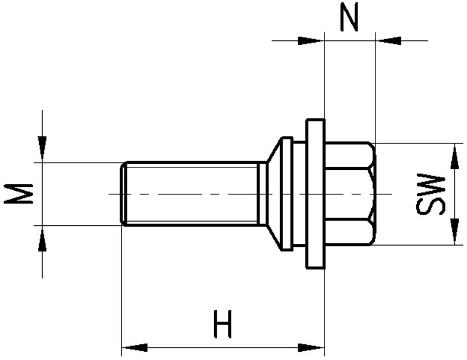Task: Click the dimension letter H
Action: tap(223, 324)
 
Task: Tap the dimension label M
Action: tap(18, 194)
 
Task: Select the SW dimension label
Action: tap(430, 194)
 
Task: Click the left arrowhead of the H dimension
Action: tap(135, 348)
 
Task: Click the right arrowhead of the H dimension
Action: tap(311, 348)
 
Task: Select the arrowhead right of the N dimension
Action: tap(388, 41)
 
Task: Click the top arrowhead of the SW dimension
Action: tap(455, 156)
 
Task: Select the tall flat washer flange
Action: tap(316, 194)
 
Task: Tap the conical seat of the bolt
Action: tap(274, 194)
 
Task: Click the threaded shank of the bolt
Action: tap(191, 194)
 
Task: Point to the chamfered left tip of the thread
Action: tap(124, 194)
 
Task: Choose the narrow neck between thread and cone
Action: tap(262, 194)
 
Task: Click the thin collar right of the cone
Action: tap(287, 194)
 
